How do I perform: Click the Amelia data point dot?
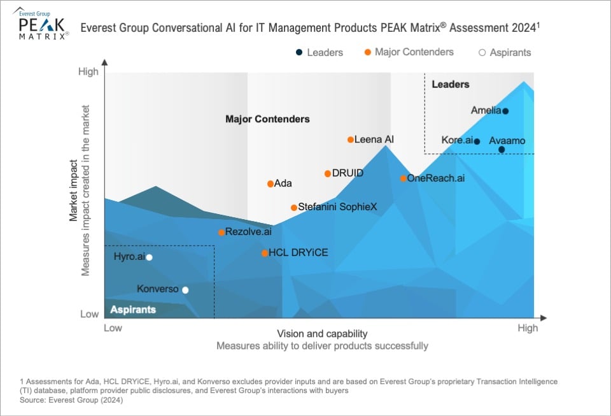pos(505,111)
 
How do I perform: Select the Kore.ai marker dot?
pos(477,141)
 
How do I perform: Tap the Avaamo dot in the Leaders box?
pos(502,150)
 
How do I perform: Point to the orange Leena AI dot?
pos(351,140)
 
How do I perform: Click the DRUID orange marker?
pos(328,173)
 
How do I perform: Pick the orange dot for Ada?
pos(270,184)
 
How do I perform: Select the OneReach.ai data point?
pos(404,178)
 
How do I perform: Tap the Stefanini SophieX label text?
pos(338,207)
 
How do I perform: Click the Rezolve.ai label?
pos(248,232)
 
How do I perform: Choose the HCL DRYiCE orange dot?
pos(265,253)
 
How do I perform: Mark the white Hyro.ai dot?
pos(150,257)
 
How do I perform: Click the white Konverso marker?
pos(185,290)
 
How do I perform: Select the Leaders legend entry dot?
pos(299,53)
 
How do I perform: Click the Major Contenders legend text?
pos(414,52)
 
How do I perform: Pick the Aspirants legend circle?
pos(482,53)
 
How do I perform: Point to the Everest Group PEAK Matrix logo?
pos(41,25)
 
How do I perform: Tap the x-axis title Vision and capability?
pos(322,334)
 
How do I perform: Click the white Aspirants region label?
pos(133,310)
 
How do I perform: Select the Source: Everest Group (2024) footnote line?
pos(71,400)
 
